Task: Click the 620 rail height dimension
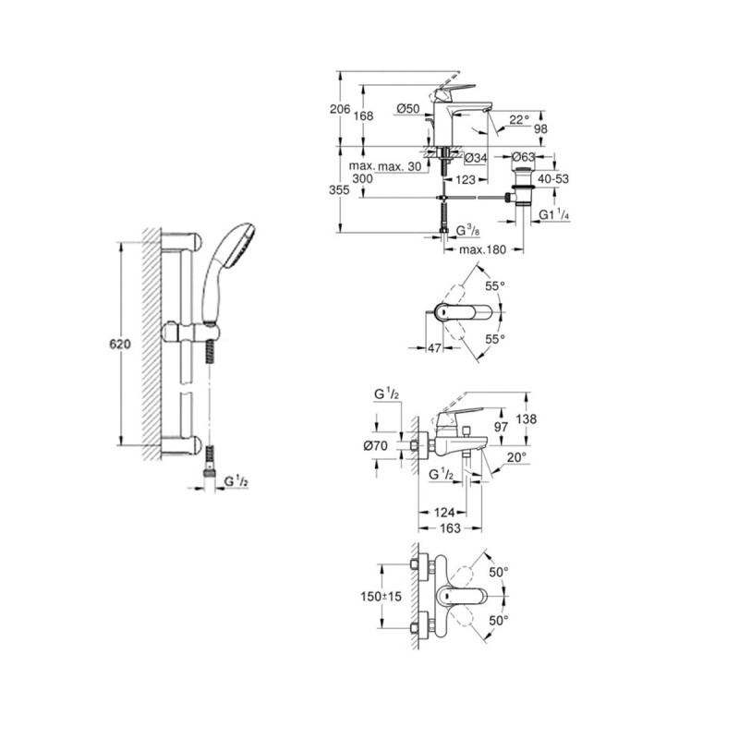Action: click(x=120, y=344)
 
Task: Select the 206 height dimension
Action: click(x=340, y=109)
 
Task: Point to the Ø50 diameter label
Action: click(x=408, y=108)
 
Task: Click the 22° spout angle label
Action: click(x=519, y=120)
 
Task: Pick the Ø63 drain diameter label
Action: click(x=523, y=156)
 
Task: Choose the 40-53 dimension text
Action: click(x=553, y=178)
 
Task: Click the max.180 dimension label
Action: click(x=482, y=249)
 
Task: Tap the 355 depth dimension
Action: click(x=339, y=189)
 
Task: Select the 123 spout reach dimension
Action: click(x=466, y=179)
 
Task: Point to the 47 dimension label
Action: click(x=434, y=348)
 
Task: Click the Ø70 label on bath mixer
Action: click(x=376, y=445)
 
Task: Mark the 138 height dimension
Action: click(x=526, y=418)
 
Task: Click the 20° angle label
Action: click(x=516, y=457)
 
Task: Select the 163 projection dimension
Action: click(x=450, y=528)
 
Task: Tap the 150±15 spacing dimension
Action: click(x=382, y=597)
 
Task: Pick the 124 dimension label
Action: click(x=444, y=513)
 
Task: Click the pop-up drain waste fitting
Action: click(x=523, y=187)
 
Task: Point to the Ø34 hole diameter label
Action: click(x=476, y=158)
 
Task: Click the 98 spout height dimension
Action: click(x=541, y=128)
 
